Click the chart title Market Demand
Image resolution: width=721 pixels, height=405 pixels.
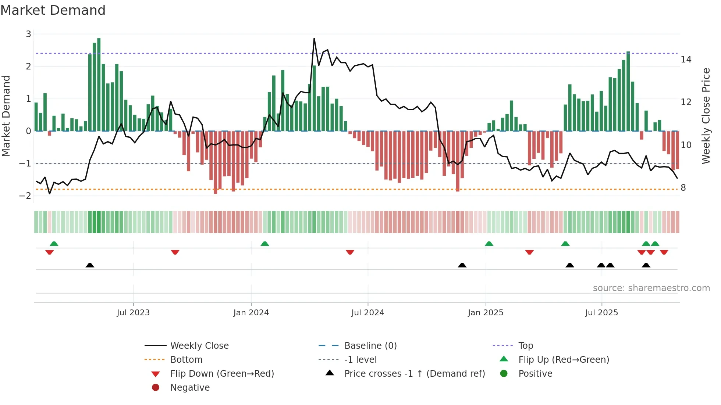pos(53,10)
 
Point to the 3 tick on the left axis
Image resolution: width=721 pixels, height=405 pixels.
pos(28,34)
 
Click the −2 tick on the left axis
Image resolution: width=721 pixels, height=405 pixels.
pos(25,196)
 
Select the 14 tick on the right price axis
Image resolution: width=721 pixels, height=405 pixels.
pos(686,60)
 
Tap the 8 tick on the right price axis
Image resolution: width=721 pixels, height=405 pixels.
pos(683,188)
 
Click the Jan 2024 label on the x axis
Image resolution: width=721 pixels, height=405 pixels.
pos(251,313)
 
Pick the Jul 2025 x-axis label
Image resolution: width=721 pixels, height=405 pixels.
pos(601,313)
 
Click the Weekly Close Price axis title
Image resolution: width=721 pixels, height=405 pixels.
pos(706,116)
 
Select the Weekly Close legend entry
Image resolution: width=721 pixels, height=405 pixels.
pos(199,346)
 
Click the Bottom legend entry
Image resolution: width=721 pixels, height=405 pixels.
pos(186,360)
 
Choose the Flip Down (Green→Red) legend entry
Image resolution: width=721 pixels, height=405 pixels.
pos(222,374)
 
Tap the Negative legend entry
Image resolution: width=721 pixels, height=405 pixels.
pos(190,388)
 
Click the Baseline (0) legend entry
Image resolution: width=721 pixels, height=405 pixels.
pos(370,346)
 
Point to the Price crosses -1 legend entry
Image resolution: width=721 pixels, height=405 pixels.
pos(414,374)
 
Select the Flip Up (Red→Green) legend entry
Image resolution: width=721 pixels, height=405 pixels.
pos(564,360)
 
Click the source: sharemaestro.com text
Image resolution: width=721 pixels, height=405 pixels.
pos(651,288)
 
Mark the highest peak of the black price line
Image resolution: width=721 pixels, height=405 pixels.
pos(314,39)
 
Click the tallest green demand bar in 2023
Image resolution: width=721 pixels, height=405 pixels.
pos(99,85)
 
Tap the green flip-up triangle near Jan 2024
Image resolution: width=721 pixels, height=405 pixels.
pos(264,244)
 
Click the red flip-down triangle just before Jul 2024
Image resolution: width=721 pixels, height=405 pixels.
pos(350,252)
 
